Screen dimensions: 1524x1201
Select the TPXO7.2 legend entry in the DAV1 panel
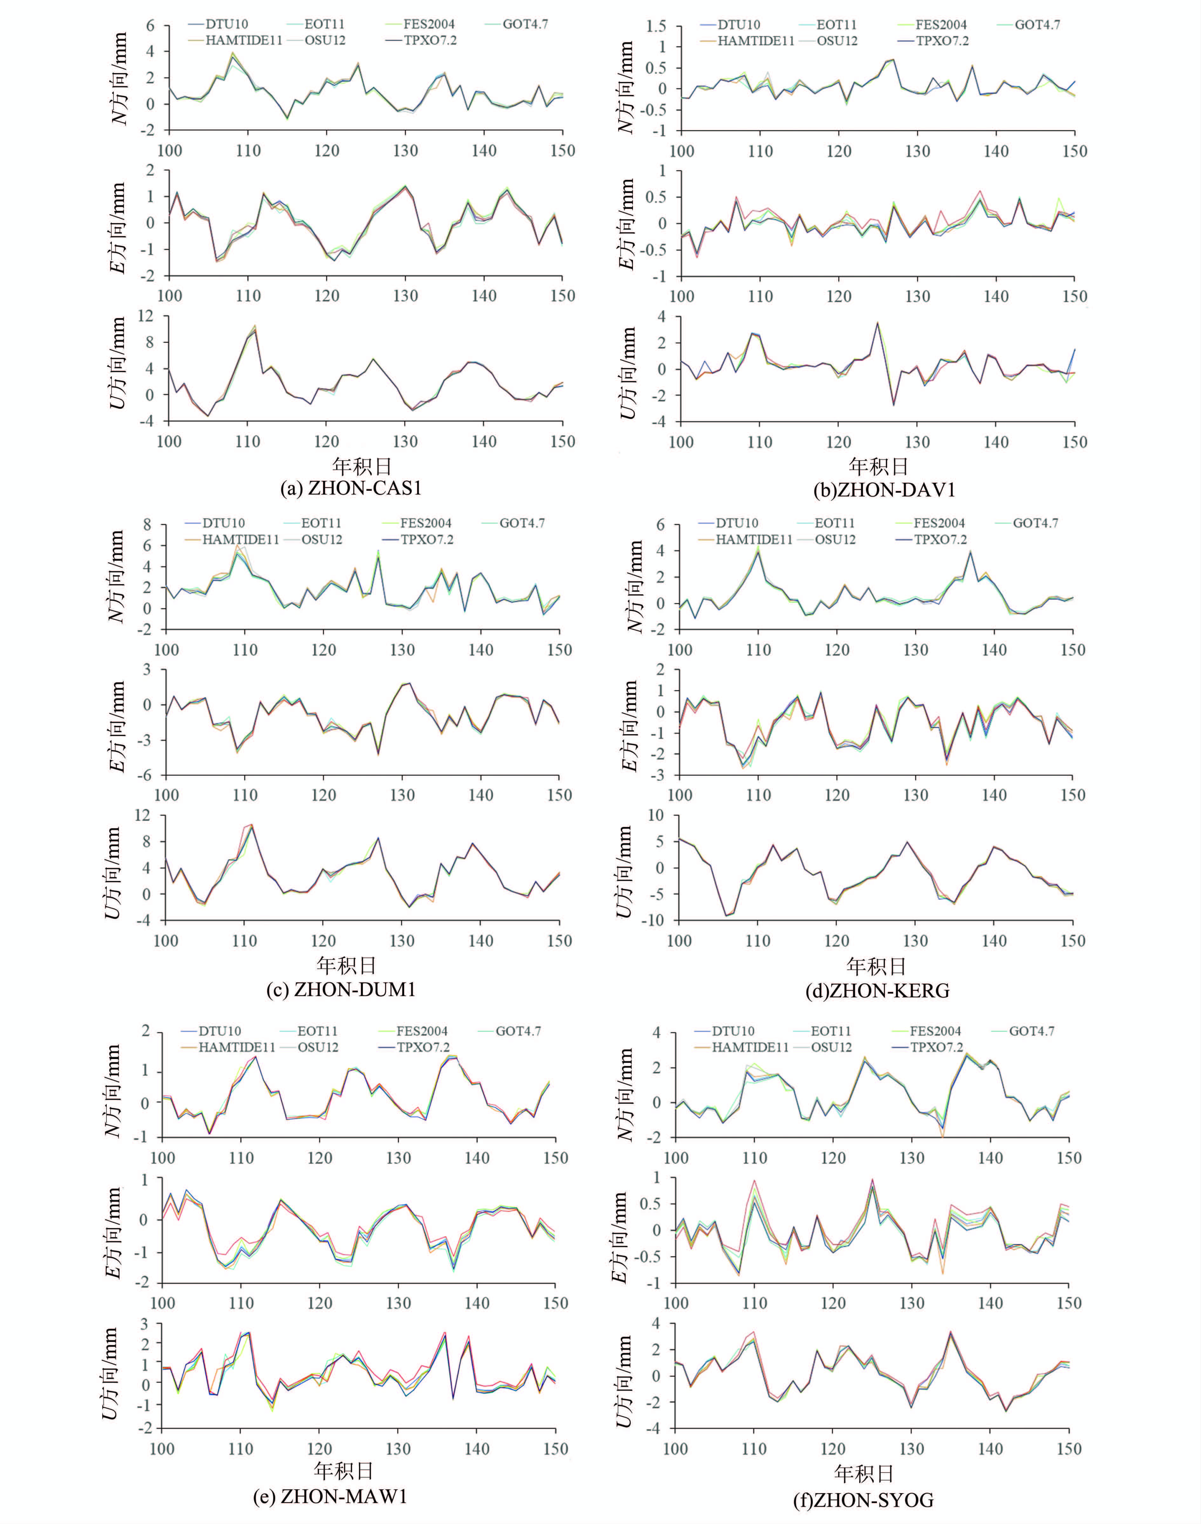(941, 41)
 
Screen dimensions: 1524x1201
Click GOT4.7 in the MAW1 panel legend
(518, 1031)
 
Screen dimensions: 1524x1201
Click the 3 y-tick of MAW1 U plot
(145, 1324)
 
